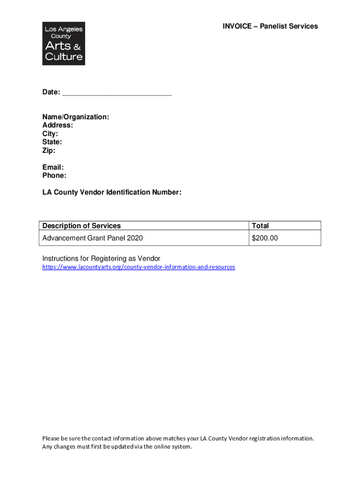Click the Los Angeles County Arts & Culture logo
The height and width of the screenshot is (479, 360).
click(x=64, y=43)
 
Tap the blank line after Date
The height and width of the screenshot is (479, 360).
click(x=117, y=93)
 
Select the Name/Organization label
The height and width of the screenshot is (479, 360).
click(x=76, y=117)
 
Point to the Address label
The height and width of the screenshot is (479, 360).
click(x=58, y=125)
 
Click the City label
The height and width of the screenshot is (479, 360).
click(x=50, y=134)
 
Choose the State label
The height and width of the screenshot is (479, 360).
click(x=52, y=142)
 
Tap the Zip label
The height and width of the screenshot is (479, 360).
click(x=49, y=151)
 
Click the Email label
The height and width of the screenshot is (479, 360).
click(x=53, y=167)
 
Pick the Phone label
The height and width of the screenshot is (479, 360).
click(x=54, y=176)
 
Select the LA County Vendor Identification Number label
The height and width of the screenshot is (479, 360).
click(x=112, y=192)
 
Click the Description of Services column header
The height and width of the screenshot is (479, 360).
click(x=81, y=226)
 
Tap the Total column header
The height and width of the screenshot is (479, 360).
click(x=260, y=226)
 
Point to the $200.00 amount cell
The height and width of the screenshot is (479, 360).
click(x=265, y=238)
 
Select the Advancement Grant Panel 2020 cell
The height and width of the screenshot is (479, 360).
click(x=93, y=238)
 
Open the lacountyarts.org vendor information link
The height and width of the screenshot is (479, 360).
click(x=138, y=267)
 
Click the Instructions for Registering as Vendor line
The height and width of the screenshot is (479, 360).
click(x=101, y=259)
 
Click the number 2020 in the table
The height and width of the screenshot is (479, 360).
click(x=134, y=238)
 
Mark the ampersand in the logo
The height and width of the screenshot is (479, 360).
click(x=78, y=47)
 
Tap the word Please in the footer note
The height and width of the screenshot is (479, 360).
click(x=51, y=438)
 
